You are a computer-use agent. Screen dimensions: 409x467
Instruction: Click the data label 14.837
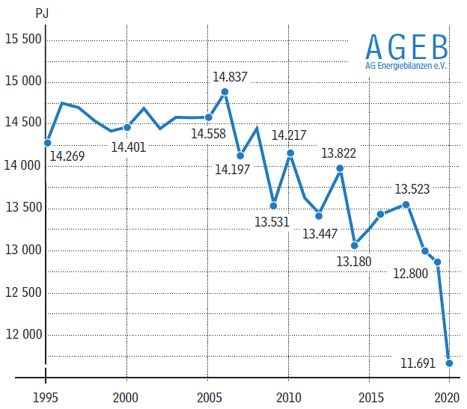click(x=231, y=77)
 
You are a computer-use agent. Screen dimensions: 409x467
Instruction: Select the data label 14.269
click(x=67, y=156)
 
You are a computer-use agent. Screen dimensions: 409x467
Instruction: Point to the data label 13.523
click(x=412, y=189)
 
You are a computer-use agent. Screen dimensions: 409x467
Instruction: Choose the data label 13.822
click(x=339, y=153)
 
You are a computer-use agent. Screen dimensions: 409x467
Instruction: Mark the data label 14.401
click(x=129, y=147)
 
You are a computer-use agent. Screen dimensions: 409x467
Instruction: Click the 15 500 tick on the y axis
click(x=23, y=40)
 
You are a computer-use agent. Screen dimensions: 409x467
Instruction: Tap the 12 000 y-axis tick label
click(x=23, y=334)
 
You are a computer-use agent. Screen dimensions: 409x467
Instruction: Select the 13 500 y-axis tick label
click(x=23, y=208)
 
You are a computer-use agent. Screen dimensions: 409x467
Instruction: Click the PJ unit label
click(x=42, y=13)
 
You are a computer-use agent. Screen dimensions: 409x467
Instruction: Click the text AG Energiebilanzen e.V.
click(x=406, y=66)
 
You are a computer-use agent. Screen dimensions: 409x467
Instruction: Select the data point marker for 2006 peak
click(x=225, y=92)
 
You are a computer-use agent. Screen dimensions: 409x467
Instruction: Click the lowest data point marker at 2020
click(x=449, y=363)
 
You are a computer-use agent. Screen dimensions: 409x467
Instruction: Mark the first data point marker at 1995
click(x=47, y=142)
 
